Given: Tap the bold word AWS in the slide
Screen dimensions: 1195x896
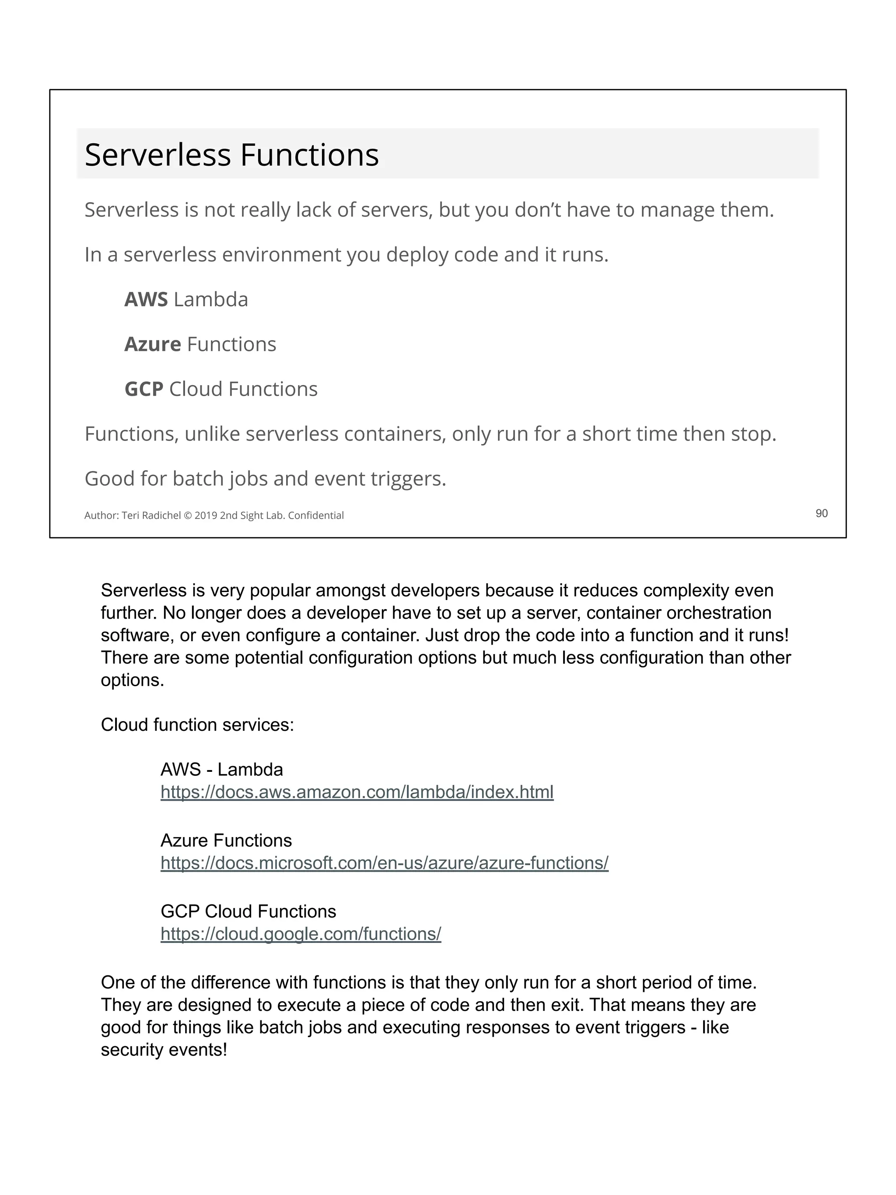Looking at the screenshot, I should tap(146, 299).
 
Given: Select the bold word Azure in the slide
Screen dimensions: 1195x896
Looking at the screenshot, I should tap(152, 344).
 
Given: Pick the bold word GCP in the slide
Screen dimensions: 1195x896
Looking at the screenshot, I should tap(143, 389).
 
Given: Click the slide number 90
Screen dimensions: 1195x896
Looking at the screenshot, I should tap(821, 513).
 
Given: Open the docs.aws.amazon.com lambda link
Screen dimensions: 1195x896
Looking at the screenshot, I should tap(357, 792).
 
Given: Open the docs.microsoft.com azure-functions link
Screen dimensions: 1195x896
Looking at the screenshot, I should tap(384, 863).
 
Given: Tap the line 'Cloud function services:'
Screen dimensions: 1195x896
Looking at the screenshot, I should tap(197, 725).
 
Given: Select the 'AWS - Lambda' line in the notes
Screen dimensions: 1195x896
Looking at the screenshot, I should tap(221, 769).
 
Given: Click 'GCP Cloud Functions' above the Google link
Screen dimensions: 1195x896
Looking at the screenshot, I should tap(248, 911).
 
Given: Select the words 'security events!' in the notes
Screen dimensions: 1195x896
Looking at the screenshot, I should tap(164, 1050).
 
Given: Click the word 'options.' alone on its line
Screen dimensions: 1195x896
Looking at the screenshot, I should tap(132, 680).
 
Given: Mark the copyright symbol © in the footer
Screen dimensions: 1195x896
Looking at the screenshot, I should tap(188, 515).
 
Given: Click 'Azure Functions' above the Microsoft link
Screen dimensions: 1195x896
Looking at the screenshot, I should tap(226, 841).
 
